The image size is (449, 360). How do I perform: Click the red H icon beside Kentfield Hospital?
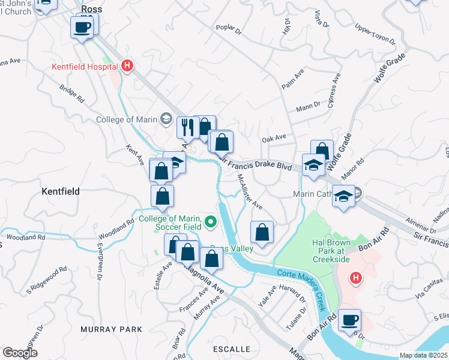[x=127, y=66]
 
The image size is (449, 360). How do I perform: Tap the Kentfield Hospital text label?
[x=85, y=67]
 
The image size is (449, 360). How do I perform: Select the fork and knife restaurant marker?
[x=187, y=127]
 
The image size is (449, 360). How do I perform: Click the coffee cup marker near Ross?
[x=82, y=27]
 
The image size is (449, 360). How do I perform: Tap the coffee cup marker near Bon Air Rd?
[x=349, y=320]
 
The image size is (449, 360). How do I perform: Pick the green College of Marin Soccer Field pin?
[x=210, y=223]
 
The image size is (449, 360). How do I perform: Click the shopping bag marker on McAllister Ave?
[x=262, y=232]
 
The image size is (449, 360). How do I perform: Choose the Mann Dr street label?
[x=309, y=108]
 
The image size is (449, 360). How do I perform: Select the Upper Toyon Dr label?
[x=375, y=35]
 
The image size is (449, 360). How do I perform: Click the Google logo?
[x=20, y=353]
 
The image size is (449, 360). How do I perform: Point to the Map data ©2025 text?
[x=423, y=355]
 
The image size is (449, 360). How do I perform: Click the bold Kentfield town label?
[x=61, y=191]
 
